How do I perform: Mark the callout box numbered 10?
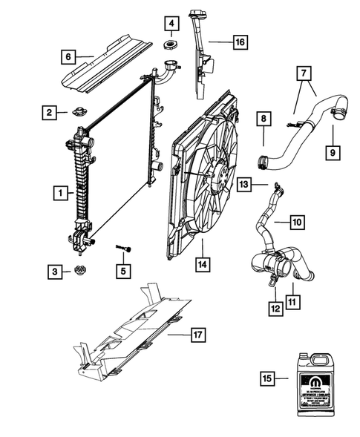pos(295,221)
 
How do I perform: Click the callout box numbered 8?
pos(263,118)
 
